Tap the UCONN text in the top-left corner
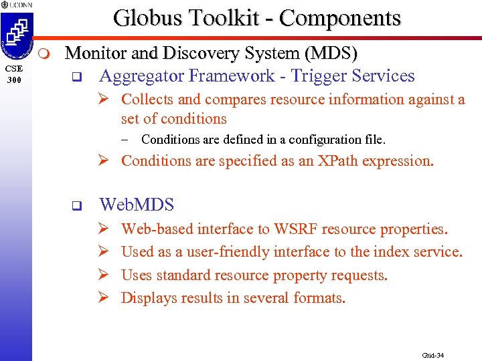click(x=17, y=5)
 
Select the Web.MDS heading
click(x=137, y=205)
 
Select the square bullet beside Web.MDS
click(x=76, y=205)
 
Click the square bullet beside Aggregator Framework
click(x=76, y=76)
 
